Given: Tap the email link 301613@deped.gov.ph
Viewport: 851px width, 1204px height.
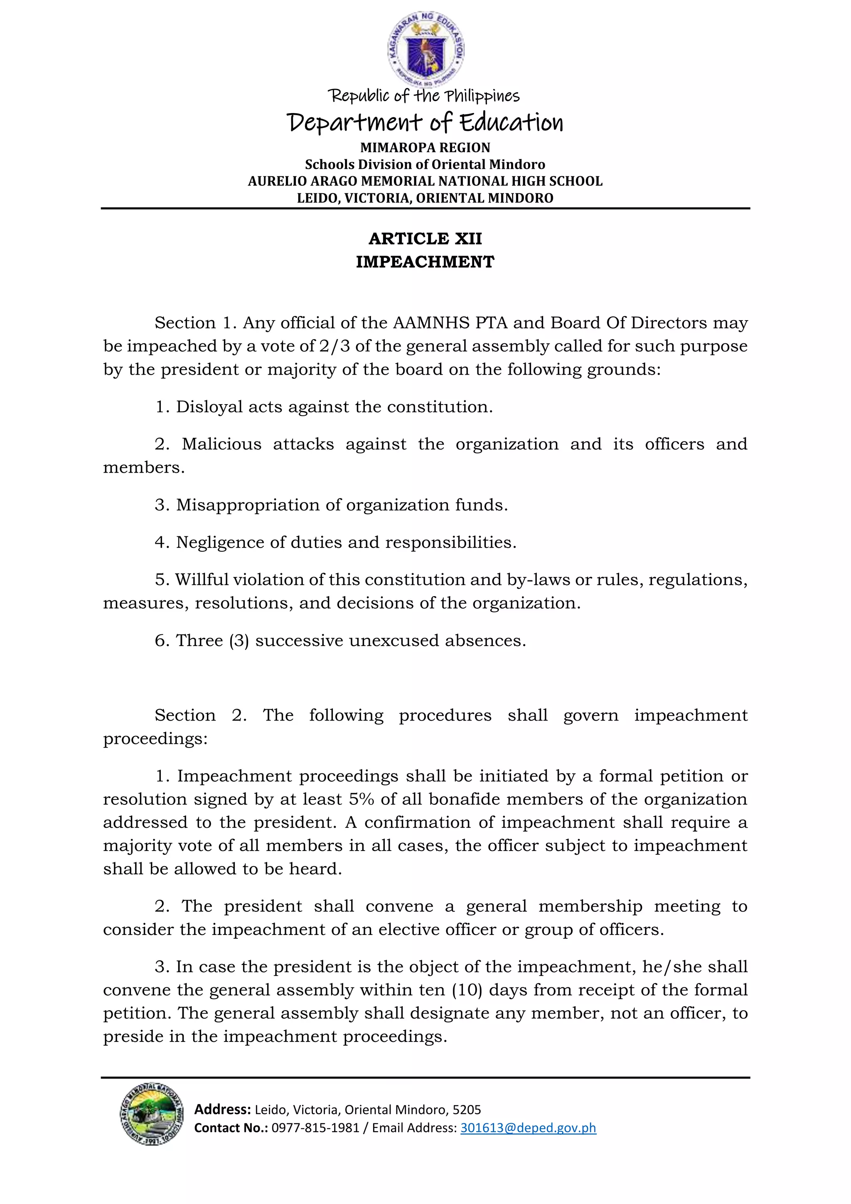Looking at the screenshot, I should tap(528, 1128).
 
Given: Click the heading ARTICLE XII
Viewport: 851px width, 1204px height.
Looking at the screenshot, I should tap(425, 239).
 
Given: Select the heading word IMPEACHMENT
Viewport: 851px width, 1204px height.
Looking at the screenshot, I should tap(425, 262).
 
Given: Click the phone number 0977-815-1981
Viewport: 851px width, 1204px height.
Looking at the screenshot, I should tap(315, 1128).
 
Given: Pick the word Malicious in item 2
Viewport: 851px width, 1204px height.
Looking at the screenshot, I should tap(221, 444).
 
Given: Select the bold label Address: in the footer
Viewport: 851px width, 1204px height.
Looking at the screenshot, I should tap(222, 1110).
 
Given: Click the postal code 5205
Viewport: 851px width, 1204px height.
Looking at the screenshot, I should tap(467, 1110).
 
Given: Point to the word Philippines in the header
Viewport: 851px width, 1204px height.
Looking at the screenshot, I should tap(482, 96).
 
